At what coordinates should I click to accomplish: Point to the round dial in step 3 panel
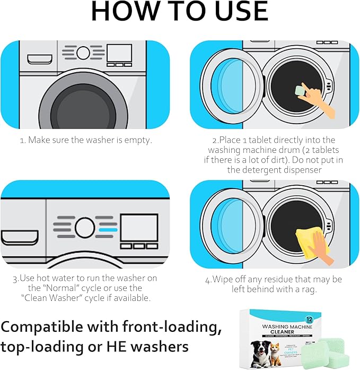(x=84, y=227)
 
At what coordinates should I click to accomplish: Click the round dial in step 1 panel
(x=83, y=53)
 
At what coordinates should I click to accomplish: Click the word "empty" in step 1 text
(x=139, y=140)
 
